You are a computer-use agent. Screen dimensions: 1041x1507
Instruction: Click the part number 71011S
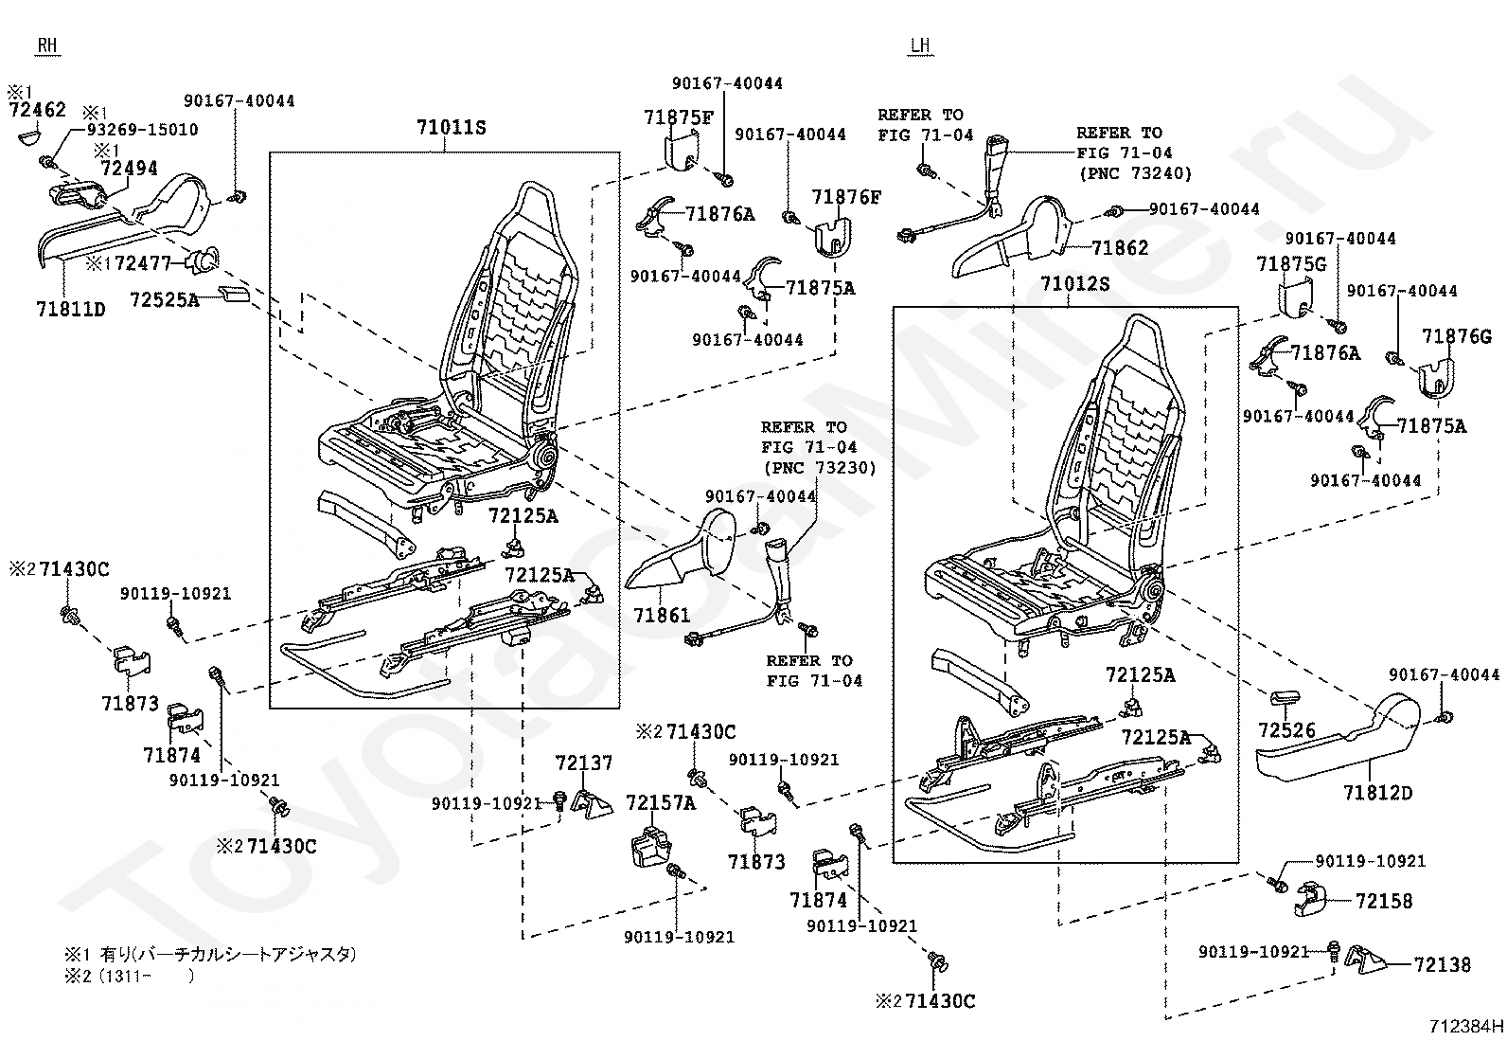(452, 127)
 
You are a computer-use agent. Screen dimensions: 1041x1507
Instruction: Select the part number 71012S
(1074, 283)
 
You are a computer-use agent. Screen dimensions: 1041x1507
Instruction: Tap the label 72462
(38, 110)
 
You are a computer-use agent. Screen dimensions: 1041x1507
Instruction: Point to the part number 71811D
(71, 309)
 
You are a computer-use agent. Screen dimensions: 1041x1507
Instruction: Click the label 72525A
(164, 300)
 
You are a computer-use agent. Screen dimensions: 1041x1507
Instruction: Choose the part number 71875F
(678, 117)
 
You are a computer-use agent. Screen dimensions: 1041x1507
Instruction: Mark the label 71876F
(845, 197)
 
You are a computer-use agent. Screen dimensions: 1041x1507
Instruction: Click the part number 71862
(1120, 248)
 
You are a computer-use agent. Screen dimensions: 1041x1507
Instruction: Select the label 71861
(662, 616)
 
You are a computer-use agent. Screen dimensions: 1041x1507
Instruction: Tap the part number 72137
(584, 763)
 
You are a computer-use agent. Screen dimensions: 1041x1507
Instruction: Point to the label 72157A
(661, 803)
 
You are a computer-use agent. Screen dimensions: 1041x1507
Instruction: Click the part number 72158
(1383, 901)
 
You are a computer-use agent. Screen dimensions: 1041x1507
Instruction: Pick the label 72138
(1443, 965)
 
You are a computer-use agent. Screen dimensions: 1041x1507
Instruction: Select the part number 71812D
(1377, 792)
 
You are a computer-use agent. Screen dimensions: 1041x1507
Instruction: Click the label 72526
(1286, 730)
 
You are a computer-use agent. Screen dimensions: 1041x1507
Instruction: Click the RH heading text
(46, 45)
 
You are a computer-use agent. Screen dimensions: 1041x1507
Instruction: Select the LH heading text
(919, 45)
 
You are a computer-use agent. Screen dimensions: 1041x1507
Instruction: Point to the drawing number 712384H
(1466, 1025)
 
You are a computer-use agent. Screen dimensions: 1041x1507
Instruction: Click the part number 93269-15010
(142, 130)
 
